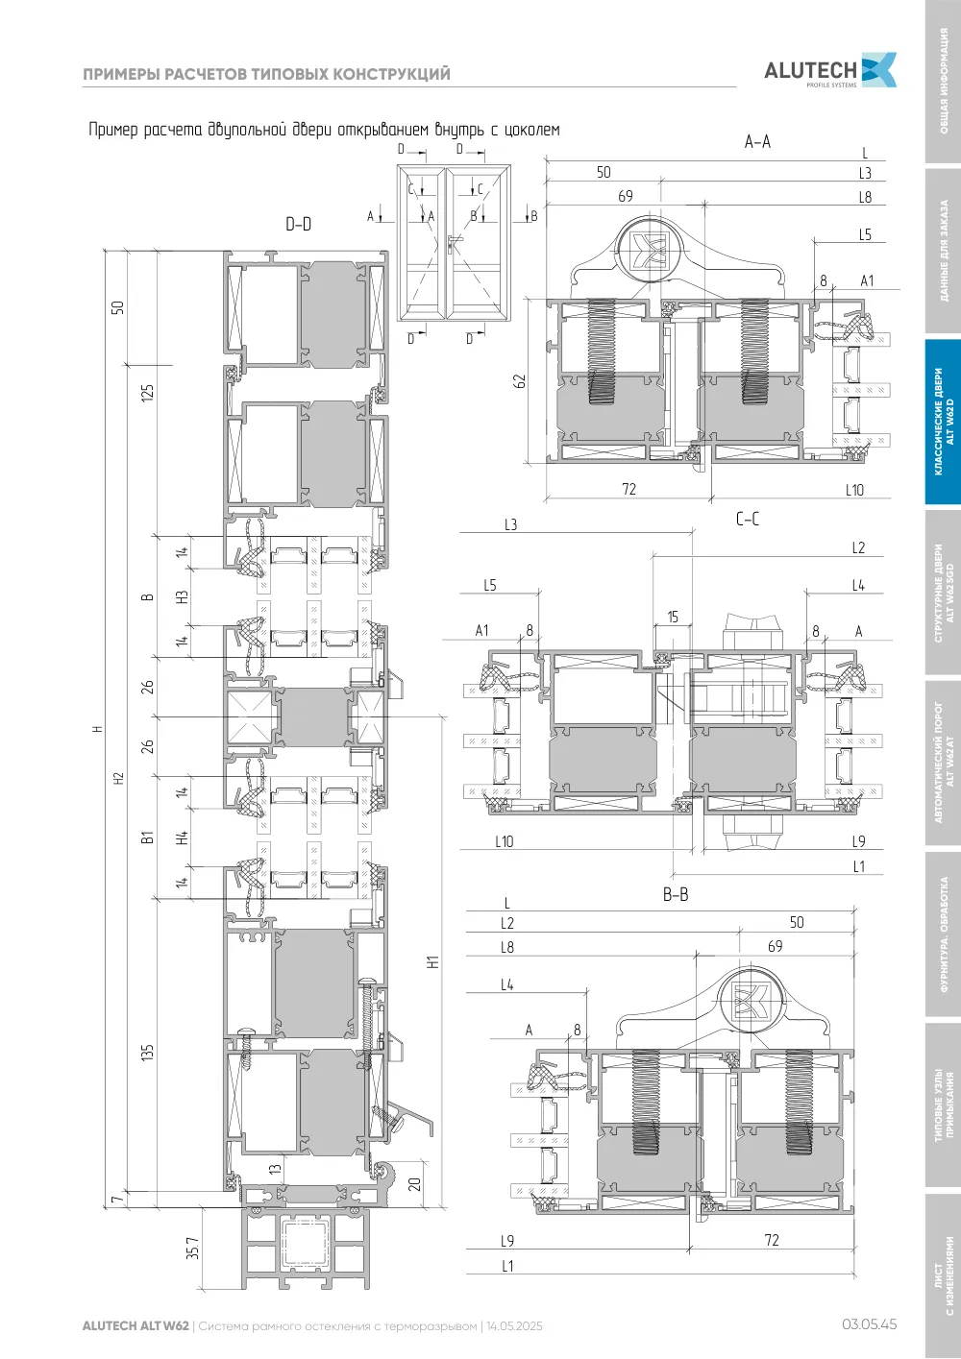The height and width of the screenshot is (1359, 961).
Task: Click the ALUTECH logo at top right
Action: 830,70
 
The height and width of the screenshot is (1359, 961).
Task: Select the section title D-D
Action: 298,225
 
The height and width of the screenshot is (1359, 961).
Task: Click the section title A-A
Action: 757,142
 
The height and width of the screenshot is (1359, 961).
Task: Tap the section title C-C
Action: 748,520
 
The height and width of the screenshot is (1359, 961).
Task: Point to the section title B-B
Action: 675,894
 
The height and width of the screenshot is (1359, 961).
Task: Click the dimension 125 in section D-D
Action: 148,393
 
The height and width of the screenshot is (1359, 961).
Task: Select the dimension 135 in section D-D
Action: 148,1052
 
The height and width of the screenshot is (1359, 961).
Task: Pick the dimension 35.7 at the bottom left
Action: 192,1248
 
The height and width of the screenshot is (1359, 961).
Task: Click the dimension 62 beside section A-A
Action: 520,381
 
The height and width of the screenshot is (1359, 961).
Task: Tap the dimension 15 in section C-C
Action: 673,617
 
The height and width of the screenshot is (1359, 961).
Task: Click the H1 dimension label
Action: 432,961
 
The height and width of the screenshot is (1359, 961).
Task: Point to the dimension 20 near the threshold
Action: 414,1183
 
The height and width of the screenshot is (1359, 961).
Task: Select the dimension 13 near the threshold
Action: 275,1168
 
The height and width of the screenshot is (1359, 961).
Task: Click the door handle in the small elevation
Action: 452,243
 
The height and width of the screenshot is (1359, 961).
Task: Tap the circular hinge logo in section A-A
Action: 647,251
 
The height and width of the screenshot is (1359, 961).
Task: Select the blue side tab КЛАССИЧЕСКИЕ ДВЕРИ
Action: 943,422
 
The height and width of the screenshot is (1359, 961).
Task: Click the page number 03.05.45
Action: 869,1323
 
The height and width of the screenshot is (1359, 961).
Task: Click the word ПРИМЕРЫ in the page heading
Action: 121,74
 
